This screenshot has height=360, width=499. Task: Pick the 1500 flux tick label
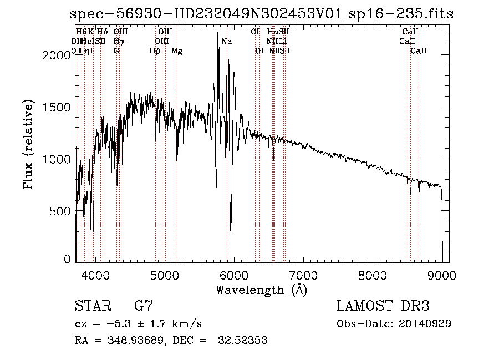coord(59,107)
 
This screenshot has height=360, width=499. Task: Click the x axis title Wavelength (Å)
coord(261,290)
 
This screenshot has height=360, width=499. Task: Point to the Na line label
coord(226,42)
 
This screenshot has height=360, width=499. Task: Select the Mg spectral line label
coord(177,51)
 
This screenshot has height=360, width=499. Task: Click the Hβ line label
coord(155,51)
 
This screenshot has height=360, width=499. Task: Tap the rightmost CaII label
coord(419,51)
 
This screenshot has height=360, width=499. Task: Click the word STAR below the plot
coord(91,306)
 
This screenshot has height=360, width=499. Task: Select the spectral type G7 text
coord(144,306)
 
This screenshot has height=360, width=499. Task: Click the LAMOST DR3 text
coord(383,306)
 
